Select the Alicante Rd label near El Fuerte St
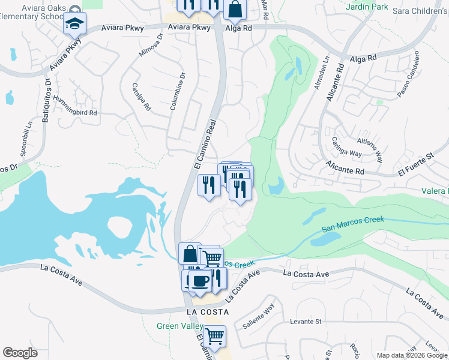[x=345, y=167]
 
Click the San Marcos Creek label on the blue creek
[x=352, y=224]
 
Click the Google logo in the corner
[x=20, y=353]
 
